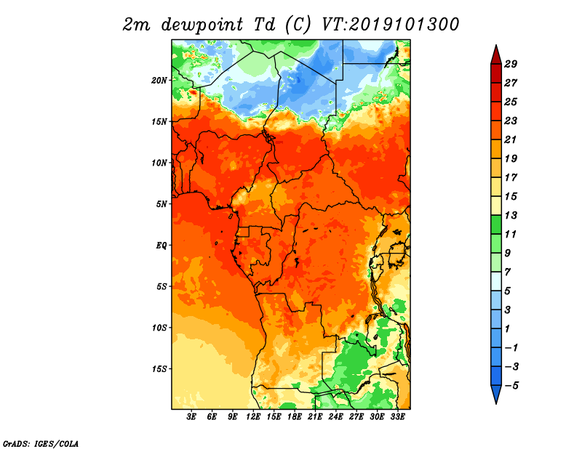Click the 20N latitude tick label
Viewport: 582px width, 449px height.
coord(159,81)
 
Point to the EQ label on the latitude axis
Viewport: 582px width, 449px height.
coord(162,246)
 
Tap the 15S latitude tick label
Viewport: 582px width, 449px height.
coord(159,369)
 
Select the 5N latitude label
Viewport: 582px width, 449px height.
coord(162,204)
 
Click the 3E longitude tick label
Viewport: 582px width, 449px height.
coord(191,416)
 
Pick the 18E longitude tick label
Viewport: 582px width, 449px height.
coord(295,416)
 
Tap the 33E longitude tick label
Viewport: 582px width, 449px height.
coord(397,416)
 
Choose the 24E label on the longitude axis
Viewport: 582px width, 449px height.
coord(335,416)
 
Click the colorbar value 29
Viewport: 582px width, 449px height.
coord(511,64)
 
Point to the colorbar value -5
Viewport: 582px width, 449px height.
coord(511,386)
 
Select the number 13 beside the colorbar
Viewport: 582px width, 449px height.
coord(511,215)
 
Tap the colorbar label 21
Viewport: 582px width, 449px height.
coord(511,139)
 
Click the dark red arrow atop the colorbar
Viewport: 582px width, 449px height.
coord(496,55)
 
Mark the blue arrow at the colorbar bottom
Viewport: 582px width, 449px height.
coord(496,394)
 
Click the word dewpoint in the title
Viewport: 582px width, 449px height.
coord(202,25)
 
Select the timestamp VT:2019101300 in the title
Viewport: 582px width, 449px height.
coord(390,25)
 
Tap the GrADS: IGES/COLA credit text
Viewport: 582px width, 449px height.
coord(41,443)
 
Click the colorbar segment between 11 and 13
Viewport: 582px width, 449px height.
coord(496,224)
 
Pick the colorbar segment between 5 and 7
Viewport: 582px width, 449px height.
coord(496,281)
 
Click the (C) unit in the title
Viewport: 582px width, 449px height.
coord(298,25)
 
